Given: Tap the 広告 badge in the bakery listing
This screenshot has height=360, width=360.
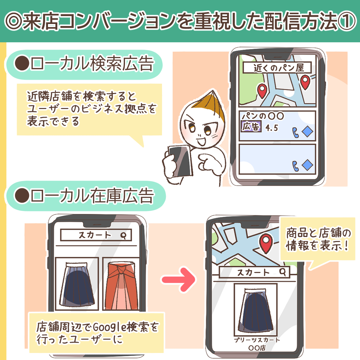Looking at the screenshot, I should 251,127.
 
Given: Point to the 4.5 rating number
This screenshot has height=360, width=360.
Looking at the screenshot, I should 271,128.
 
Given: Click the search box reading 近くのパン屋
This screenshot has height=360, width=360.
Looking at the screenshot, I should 277,68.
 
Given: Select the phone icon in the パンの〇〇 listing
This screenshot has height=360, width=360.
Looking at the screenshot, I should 295,132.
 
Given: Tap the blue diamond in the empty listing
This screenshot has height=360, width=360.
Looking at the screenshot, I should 307,165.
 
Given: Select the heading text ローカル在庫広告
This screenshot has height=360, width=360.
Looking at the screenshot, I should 91,196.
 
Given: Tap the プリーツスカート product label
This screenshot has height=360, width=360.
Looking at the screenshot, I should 256,340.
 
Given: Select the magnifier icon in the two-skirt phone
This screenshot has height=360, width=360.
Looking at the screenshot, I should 124,235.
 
